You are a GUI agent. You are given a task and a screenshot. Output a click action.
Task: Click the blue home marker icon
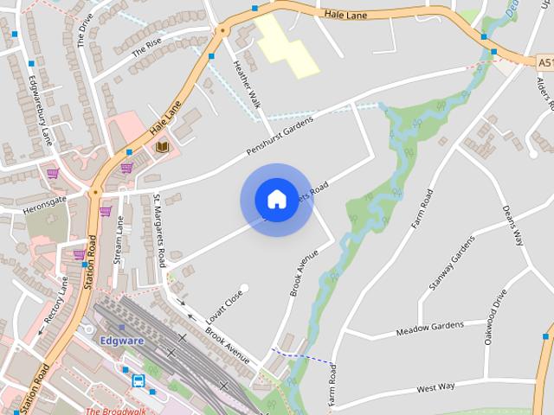pos(276,200)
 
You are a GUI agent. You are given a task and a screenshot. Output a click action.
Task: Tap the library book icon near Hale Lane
pos(162,147)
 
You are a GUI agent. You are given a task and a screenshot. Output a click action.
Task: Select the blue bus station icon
pos(138,380)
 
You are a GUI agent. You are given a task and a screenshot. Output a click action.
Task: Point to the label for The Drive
pos(84,30)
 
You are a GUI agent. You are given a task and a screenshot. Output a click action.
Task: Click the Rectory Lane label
pos(56,299)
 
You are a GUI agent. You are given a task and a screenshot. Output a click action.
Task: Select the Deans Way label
pos(513,226)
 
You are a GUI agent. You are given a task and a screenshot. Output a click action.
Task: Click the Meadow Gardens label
pos(429,329)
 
